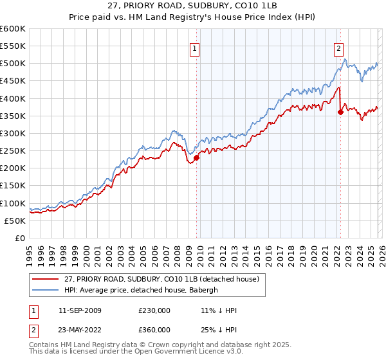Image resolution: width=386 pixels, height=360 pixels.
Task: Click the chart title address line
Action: click(193, 6)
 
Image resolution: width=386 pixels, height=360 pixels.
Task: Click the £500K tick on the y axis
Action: click(13, 64)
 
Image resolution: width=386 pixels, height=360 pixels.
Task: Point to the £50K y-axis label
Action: click(15, 221)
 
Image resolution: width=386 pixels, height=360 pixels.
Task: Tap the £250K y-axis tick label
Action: click(13, 150)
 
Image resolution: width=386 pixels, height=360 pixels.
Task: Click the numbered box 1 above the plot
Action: click(194, 47)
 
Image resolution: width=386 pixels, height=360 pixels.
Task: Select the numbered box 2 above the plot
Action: click(338, 47)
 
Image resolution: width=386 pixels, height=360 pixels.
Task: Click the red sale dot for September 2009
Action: click(196, 157)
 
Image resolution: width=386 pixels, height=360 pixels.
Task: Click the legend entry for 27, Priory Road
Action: click(161, 279)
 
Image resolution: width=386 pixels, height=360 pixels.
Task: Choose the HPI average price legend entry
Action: click(142, 290)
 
